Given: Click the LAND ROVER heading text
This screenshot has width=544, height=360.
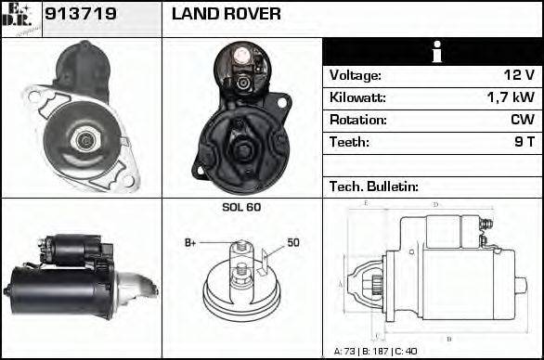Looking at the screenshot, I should click(227, 15).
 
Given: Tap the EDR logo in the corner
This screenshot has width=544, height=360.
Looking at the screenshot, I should click(20, 19).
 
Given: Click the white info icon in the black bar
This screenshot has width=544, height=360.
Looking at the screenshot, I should click(433, 52).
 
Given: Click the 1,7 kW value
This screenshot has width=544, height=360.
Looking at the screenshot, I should click(510, 97).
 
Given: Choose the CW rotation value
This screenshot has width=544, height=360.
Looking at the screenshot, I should click(522, 120).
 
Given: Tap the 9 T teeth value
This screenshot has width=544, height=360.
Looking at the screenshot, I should click(523, 142).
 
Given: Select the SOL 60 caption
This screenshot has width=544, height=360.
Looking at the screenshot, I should click(241, 207).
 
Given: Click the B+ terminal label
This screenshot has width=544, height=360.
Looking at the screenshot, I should click(190, 243).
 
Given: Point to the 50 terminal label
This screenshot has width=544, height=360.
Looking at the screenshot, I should click(293, 243).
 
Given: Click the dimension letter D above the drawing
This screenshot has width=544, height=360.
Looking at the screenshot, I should click(435, 204).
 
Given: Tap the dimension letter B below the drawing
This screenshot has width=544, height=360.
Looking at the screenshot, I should click(448, 338).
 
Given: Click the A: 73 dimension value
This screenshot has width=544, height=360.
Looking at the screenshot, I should click(348, 352).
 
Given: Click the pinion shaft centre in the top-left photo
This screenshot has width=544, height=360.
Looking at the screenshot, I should click(85, 139).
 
